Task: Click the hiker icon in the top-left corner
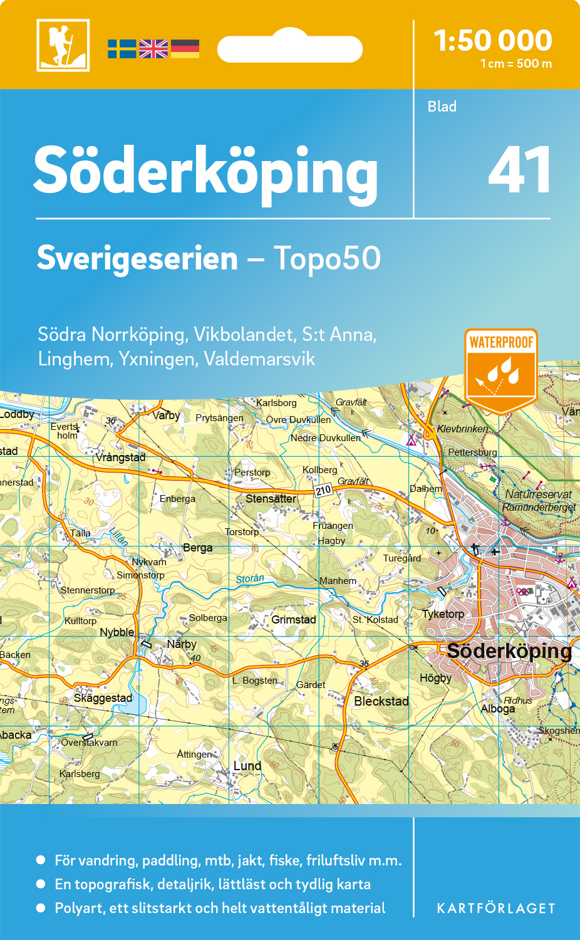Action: (x=63, y=45)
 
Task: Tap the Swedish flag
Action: (x=122, y=49)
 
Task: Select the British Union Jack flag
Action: (x=153, y=49)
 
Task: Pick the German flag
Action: (x=185, y=49)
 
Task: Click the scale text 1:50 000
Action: (x=493, y=41)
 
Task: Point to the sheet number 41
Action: (x=519, y=170)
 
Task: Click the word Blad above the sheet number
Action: (x=442, y=107)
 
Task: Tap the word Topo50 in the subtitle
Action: (x=327, y=258)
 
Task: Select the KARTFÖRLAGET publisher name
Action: (x=496, y=908)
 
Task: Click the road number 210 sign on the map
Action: (x=323, y=490)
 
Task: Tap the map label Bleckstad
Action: (x=381, y=701)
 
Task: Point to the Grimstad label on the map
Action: (x=293, y=620)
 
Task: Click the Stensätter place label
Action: (x=271, y=499)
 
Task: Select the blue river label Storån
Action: (x=250, y=579)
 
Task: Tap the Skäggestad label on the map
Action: (x=103, y=698)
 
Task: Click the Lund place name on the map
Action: (x=247, y=766)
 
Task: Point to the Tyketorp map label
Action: (x=443, y=614)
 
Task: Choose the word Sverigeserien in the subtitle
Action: (x=137, y=258)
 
